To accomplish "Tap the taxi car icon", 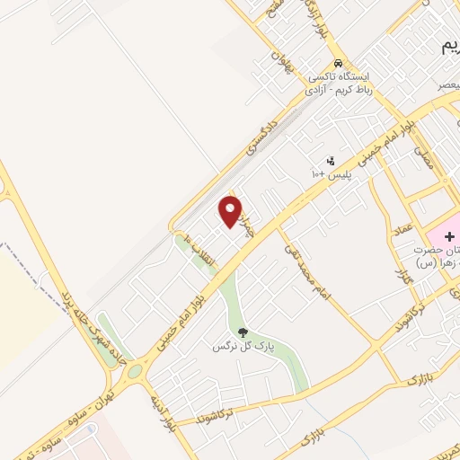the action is click(337, 64).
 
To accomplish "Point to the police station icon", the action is click(331, 160).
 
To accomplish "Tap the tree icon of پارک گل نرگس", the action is click(243, 333).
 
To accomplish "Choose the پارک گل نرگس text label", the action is click(243, 346).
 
